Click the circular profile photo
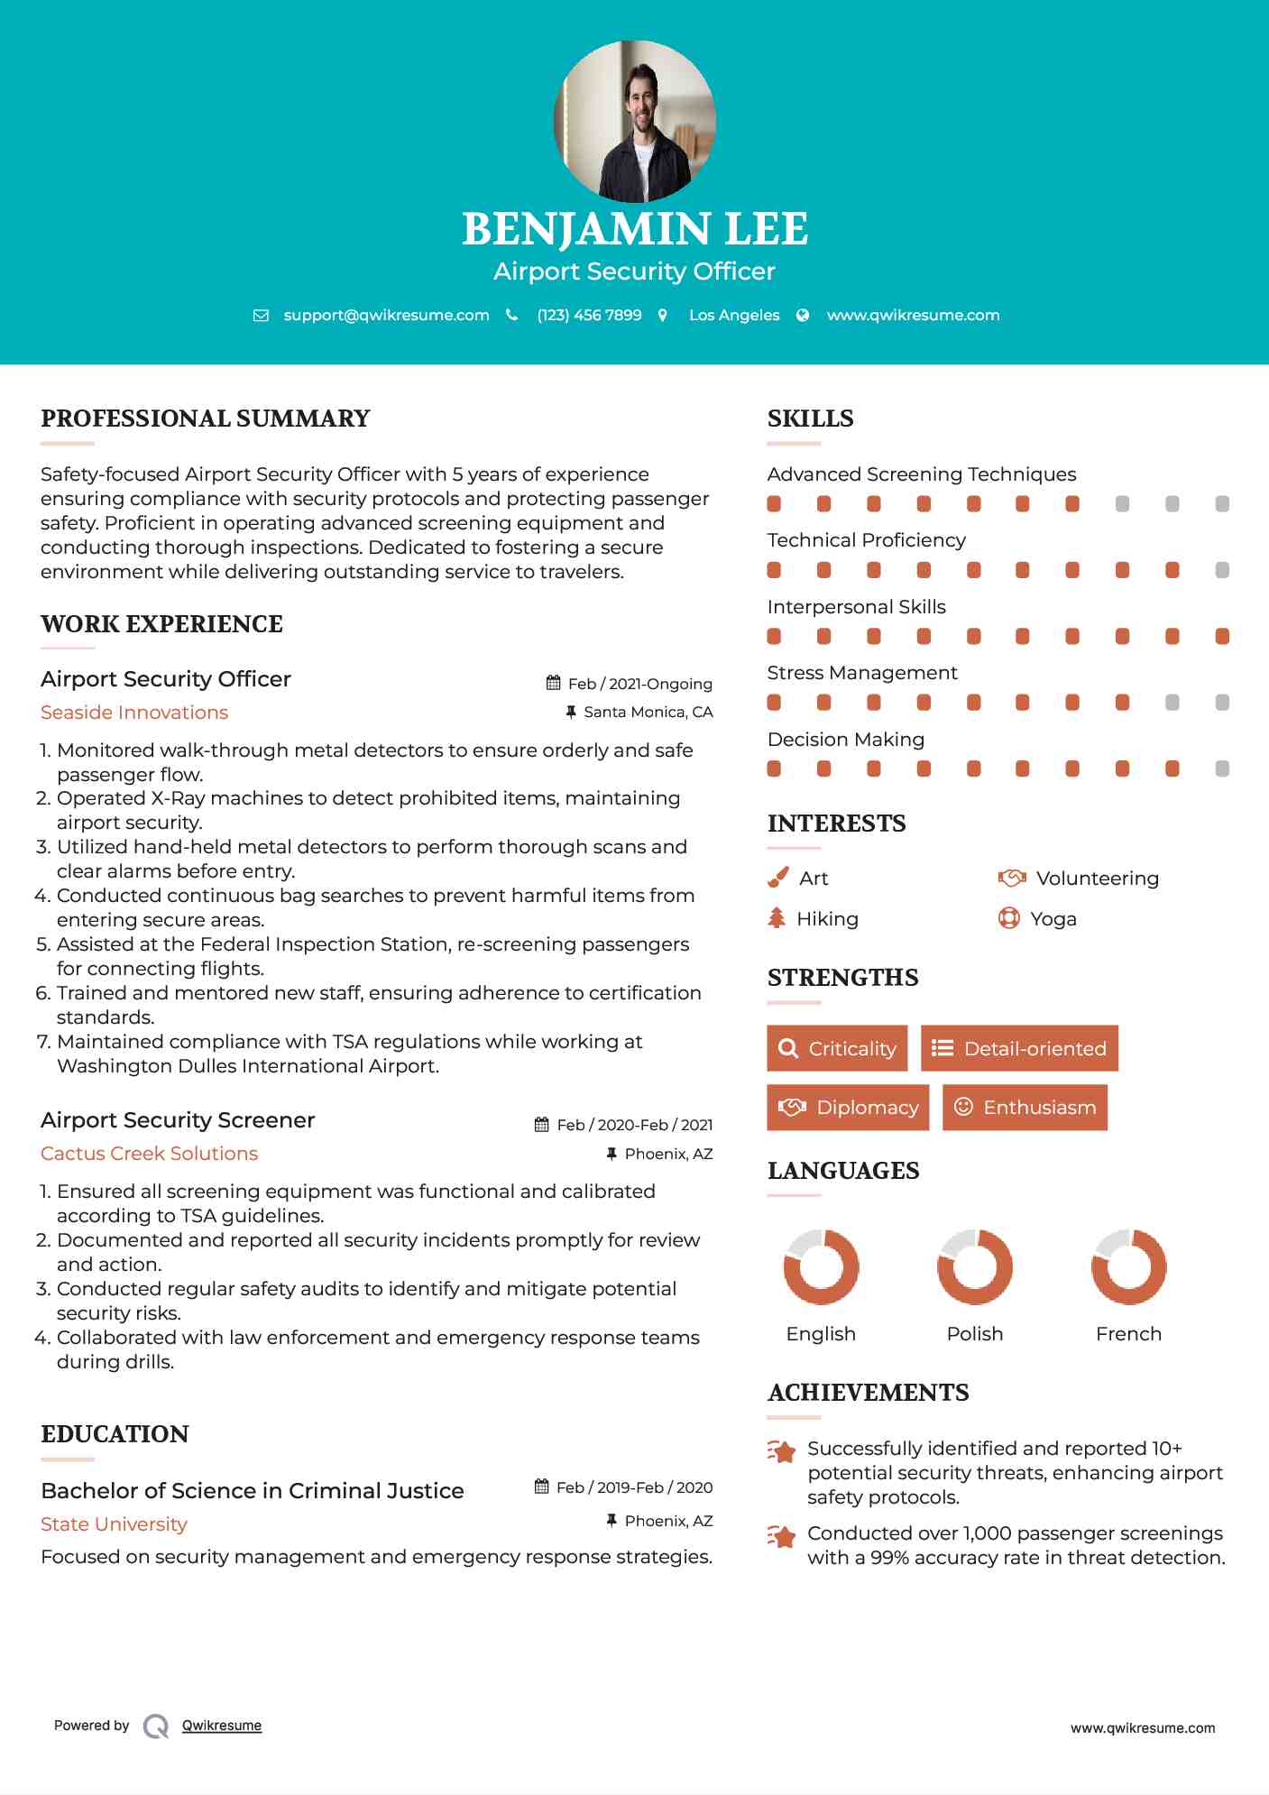click(634, 121)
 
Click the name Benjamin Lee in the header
click(634, 229)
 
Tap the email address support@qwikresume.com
click(386, 316)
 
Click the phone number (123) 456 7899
click(589, 316)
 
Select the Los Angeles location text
click(734, 316)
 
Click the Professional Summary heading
click(206, 419)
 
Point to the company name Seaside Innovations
click(134, 713)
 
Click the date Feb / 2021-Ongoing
click(639, 684)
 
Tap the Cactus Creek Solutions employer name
click(149, 1154)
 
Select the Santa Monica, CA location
click(648, 713)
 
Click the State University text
click(114, 1524)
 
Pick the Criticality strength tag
click(837, 1048)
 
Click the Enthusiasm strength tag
click(1025, 1108)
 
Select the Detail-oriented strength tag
click(1019, 1048)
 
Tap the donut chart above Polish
click(974, 1266)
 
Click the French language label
click(1128, 1334)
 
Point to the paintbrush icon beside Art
click(777, 878)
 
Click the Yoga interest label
click(1053, 919)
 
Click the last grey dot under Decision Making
click(1222, 769)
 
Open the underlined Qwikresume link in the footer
click(222, 1726)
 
